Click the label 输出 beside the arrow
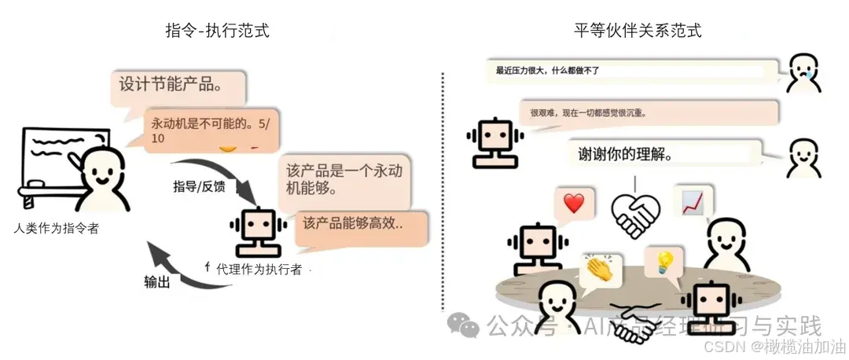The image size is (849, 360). tap(156, 281)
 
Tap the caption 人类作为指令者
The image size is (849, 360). tap(57, 229)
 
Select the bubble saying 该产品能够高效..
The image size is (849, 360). tap(361, 223)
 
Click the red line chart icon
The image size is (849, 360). tap(693, 202)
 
